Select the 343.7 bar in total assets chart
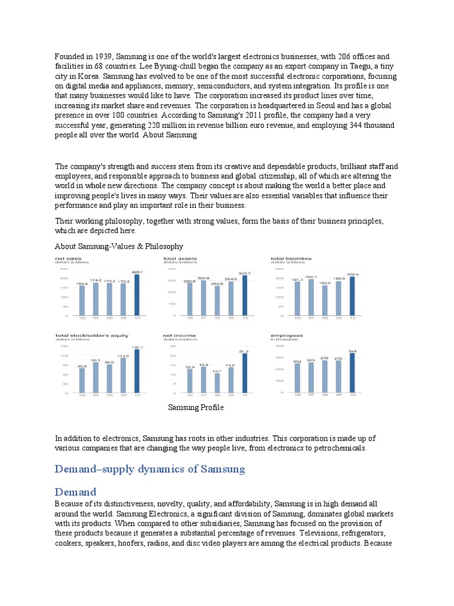(x=245, y=295)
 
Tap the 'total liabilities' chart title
(x=291, y=259)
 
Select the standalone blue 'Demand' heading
(x=75, y=492)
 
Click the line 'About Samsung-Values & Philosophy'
(x=119, y=246)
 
